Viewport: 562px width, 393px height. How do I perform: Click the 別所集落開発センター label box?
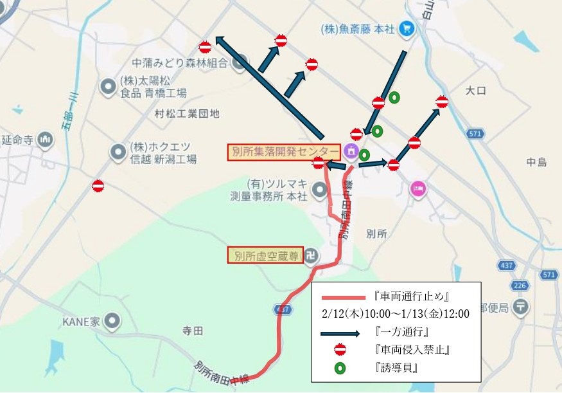(x=283, y=152)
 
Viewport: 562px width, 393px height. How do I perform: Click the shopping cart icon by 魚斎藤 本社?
(x=406, y=28)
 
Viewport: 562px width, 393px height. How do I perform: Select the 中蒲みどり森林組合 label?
(x=180, y=62)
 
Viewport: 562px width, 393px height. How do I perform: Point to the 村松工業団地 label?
(x=187, y=114)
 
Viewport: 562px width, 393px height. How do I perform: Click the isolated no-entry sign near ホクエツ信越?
(x=98, y=186)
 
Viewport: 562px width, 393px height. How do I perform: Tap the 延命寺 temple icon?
(x=45, y=138)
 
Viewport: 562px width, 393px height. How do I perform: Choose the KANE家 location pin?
(x=113, y=320)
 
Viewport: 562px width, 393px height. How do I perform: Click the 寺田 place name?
(x=193, y=331)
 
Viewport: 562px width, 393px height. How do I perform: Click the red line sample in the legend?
(x=341, y=297)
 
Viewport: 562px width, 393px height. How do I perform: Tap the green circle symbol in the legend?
(x=340, y=369)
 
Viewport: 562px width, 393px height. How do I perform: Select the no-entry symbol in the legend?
(x=340, y=350)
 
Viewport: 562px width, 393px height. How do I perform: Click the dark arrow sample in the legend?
(x=341, y=334)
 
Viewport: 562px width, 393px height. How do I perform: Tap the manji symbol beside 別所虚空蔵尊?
(x=312, y=255)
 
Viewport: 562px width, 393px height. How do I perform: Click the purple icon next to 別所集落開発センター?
(x=351, y=151)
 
